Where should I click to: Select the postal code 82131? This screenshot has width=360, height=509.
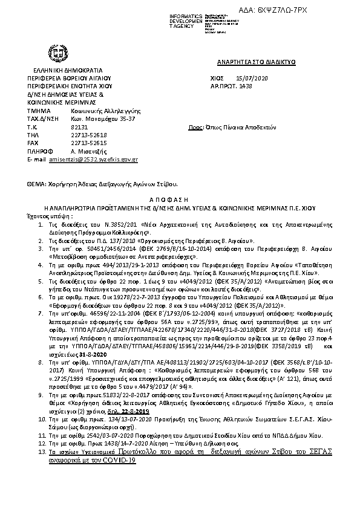pos(80,128)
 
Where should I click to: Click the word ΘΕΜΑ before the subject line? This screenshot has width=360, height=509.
pos(38,183)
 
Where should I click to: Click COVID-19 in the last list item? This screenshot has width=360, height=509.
pos(119,459)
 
